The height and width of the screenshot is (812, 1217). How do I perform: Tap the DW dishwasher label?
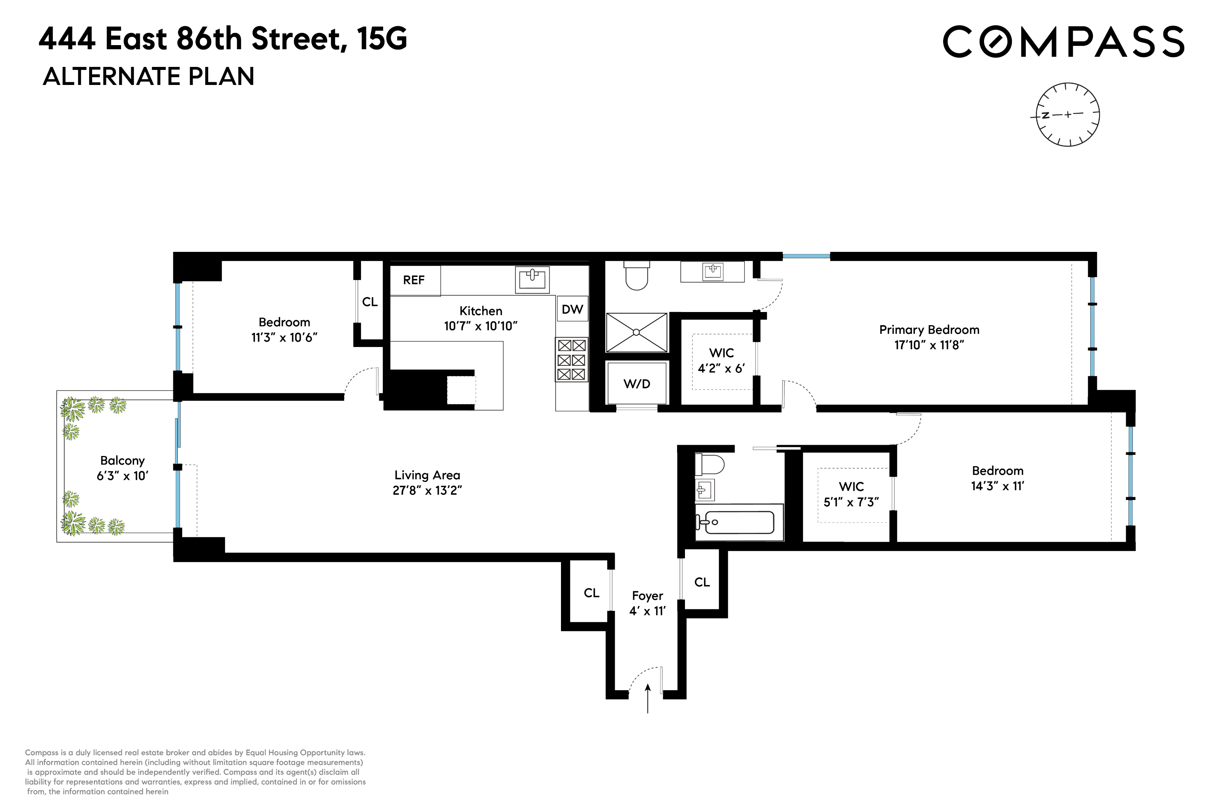[572, 309]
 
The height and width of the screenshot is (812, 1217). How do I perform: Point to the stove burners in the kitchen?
[571, 360]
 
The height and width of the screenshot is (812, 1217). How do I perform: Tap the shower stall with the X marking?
[636, 332]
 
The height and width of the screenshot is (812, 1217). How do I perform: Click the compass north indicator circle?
[1067, 114]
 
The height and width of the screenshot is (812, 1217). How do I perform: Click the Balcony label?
[122, 461]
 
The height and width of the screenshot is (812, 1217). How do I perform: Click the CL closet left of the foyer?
[591, 593]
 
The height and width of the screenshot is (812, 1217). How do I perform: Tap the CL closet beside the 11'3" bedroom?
[369, 302]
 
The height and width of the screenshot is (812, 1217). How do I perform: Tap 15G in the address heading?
[382, 39]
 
